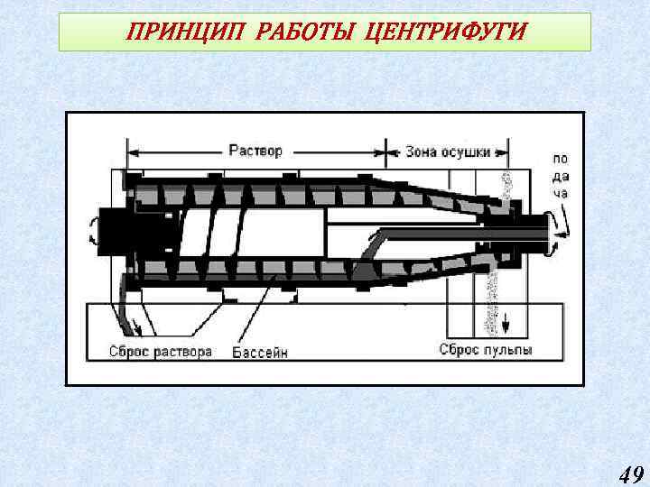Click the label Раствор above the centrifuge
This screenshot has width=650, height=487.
pyautogui.click(x=255, y=151)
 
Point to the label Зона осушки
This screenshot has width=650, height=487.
pyautogui.click(x=447, y=152)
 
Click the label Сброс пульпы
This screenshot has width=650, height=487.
pyautogui.click(x=486, y=349)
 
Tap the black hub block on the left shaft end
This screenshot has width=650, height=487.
pyautogui.click(x=116, y=229)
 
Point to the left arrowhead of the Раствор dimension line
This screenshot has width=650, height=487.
pyautogui.click(x=131, y=152)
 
